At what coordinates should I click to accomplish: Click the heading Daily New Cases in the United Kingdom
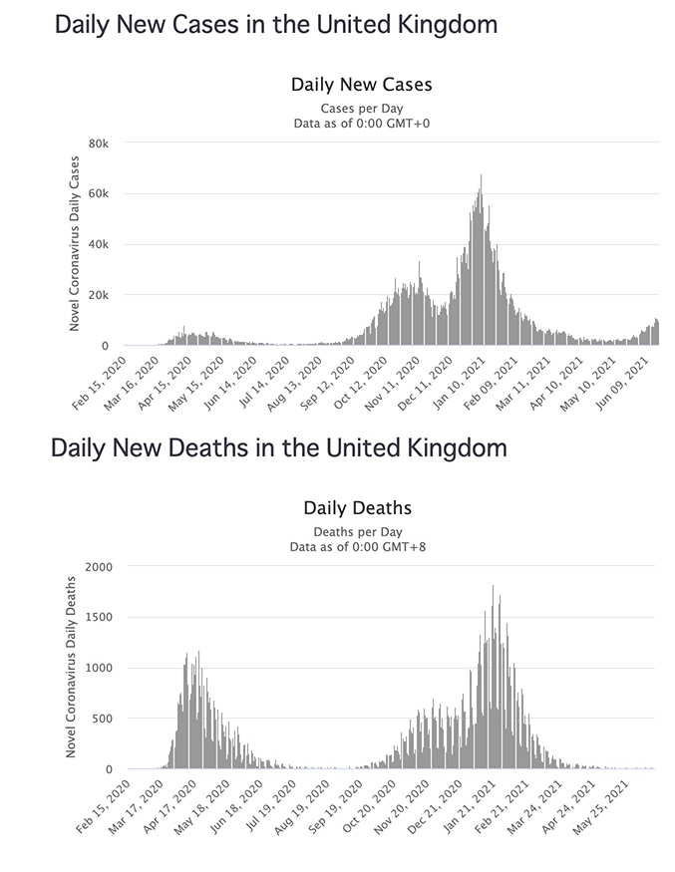pyautogui.click(x=276, y=24)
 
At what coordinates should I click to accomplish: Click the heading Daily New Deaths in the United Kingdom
pyautogui.click(x=279, y=447)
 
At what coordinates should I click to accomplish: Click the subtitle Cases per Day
pyautogui.click(x=362, y=108)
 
